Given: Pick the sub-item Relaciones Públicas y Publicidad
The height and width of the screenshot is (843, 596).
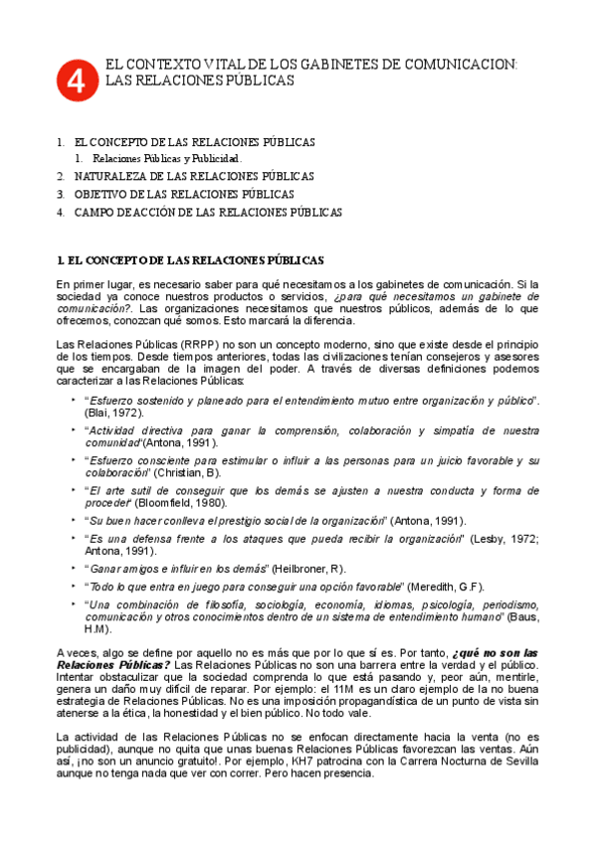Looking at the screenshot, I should point(167,158).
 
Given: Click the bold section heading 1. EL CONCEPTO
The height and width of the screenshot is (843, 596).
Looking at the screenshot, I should point(191,260).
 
